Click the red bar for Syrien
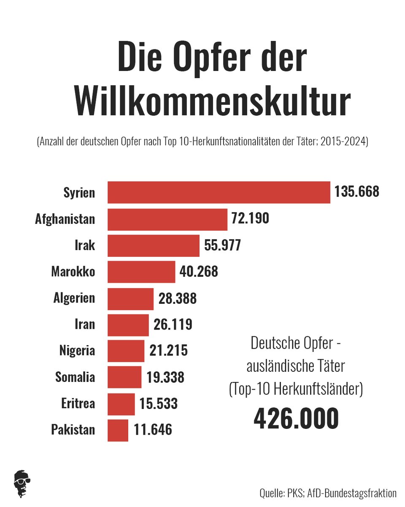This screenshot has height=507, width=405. click(219, 193)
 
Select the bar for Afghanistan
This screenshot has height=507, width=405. click(167, 219)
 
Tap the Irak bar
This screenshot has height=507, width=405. click(154, 245)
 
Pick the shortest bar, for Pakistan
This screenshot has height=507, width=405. click(118, 430)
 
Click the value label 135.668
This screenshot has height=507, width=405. click(357, 192)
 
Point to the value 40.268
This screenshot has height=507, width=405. click(199, 272)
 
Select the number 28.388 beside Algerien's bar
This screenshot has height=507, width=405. click(178, 298)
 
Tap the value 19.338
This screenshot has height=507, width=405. click(165, 377)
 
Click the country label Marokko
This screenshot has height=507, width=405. click(73, 272)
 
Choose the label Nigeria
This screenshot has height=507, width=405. click(77, 351)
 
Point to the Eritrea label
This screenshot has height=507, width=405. click(78, 403)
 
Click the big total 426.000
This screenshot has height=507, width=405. click(296, 418)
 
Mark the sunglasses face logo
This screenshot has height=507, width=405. click(22, 482)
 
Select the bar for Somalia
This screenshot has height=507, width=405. click(124, 377)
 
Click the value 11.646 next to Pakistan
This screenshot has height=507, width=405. click(153, 430)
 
